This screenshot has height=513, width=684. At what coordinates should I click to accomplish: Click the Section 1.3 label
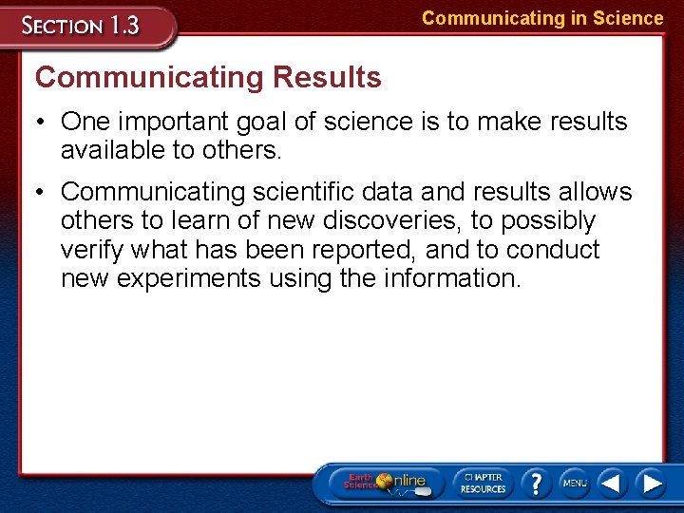83,26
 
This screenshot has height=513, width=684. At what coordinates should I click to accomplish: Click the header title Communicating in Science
542,18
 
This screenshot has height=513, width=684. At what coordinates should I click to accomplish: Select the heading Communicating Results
208,77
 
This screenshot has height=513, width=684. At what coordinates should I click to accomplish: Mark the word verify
96,250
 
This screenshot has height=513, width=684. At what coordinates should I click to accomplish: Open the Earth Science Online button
386,482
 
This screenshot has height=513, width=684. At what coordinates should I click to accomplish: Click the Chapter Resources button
483,483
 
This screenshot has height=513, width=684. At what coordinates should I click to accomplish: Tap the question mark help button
536,483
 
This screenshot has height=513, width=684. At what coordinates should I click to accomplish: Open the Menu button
575,483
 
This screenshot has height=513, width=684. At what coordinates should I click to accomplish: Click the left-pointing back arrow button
611,483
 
